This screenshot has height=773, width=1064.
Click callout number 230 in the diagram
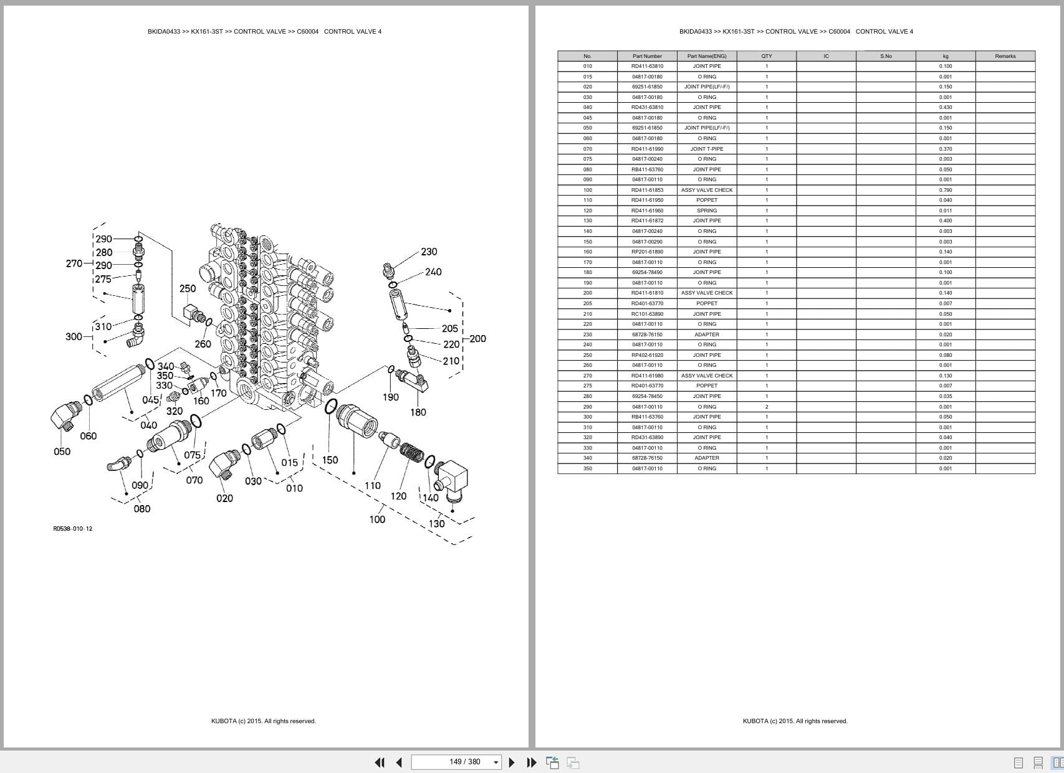[429, 252]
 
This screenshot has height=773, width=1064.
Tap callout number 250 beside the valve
[188, 288]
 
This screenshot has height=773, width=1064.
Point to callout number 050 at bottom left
[62, 452]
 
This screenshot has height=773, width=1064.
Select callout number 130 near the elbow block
[436, 524]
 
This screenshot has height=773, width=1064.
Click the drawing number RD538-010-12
[72, 529]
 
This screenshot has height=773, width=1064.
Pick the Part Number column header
[647, 56]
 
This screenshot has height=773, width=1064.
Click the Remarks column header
[1005, 56]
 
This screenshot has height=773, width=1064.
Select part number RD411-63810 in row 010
[647, 66]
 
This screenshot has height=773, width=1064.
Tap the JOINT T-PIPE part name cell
[707, 149]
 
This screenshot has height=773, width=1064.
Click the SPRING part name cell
[707, 211]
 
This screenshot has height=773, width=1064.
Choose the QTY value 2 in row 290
[766, 407]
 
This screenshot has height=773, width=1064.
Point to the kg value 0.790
[945, 190]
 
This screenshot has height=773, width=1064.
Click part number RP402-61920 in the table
[647, 355]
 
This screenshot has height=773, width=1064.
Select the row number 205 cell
[587, 303]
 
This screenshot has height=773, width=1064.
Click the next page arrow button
[512, 762]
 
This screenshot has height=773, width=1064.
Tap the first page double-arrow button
[379, 762]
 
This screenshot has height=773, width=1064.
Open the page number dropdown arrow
[496, 762]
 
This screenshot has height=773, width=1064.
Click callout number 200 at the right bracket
[478, 339]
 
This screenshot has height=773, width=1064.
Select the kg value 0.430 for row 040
[945, 107]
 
